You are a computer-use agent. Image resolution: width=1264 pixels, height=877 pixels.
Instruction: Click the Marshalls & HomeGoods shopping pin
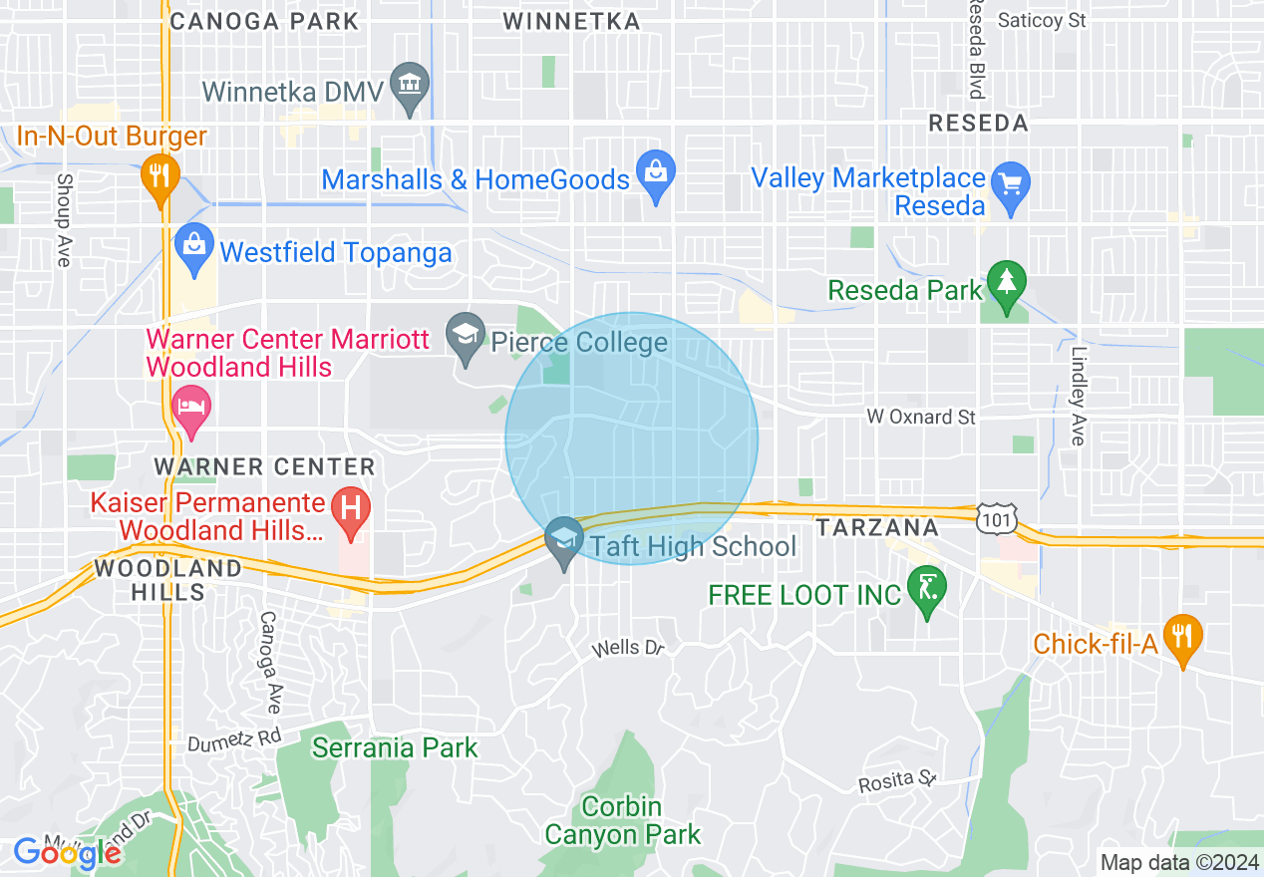[656, 174]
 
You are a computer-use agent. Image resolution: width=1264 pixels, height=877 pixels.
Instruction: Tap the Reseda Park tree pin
[1007, 284]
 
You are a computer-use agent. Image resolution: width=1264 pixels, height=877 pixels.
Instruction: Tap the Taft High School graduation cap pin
[564, 541]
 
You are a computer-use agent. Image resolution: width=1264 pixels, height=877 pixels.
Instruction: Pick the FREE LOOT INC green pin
[927, 589]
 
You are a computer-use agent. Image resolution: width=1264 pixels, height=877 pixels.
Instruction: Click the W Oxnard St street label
[920, 417]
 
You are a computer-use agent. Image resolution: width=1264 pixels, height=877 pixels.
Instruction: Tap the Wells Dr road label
[628, 649]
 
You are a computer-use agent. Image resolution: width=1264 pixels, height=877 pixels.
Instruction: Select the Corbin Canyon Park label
[623, 820]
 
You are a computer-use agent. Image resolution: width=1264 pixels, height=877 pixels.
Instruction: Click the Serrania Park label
[395, 747]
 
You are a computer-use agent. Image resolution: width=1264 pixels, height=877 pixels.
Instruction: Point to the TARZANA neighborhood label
[877, 527]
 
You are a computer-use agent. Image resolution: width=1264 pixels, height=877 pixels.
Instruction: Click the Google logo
[67, 853]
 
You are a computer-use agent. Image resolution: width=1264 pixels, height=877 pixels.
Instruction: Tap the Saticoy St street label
[1042, 20]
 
